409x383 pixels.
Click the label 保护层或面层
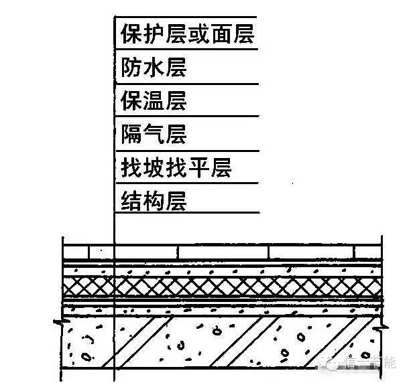pos(187,34)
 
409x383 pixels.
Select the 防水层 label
pos(153,68)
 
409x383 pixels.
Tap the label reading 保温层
pos(153,101)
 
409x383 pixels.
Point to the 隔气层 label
pos(153,134)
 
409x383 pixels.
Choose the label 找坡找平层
pos(176,167)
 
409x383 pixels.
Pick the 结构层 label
pos(153,200)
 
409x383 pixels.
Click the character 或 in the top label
pos(198,34)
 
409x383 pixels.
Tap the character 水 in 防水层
pos(154,68)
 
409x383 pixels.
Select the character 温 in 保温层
pos(154,101)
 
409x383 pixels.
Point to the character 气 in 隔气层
pos(154,134)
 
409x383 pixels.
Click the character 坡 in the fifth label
pos(154,167)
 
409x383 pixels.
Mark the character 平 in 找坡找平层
pos(198,167)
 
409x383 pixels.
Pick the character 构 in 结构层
pos(154,200)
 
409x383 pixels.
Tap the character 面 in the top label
pos(221,34)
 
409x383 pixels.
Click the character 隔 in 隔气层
pos(131,134)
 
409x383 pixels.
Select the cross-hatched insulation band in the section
pos(221,287)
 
